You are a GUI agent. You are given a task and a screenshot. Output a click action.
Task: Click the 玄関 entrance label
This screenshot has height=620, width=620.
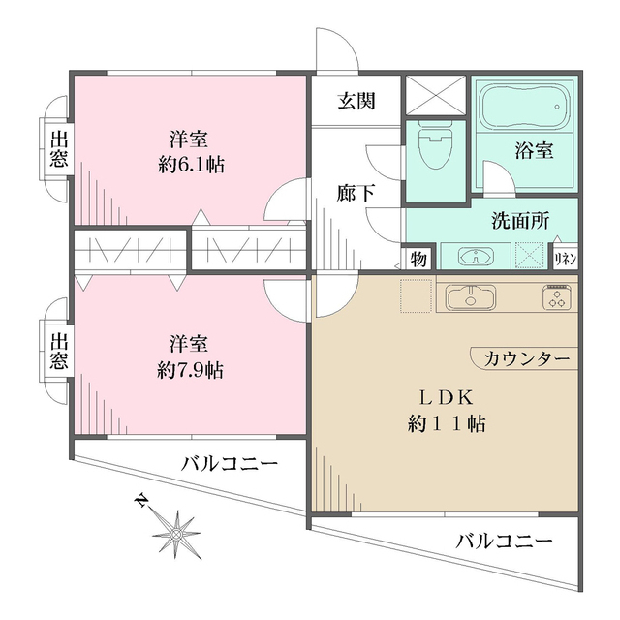[x=356, y=100]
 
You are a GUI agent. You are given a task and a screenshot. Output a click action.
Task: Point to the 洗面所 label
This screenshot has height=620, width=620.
[x=518, y=220]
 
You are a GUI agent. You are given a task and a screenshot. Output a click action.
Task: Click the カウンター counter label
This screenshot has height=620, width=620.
[x=526, y=359]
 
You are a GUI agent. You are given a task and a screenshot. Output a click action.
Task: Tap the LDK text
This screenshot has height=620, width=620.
[x=445, y=398]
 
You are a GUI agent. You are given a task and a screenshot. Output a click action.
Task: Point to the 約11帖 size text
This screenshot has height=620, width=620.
[x=445, y=423]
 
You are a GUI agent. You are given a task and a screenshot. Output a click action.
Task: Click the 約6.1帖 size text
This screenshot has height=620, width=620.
[x=191, y=165]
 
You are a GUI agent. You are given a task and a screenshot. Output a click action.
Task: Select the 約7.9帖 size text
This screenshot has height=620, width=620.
[x=191, y=369]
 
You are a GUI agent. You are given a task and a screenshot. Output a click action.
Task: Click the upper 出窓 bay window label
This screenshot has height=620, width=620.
[x=58, y=149]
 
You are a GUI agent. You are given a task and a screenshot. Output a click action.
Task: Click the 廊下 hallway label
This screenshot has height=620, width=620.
[x=350, y=192]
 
